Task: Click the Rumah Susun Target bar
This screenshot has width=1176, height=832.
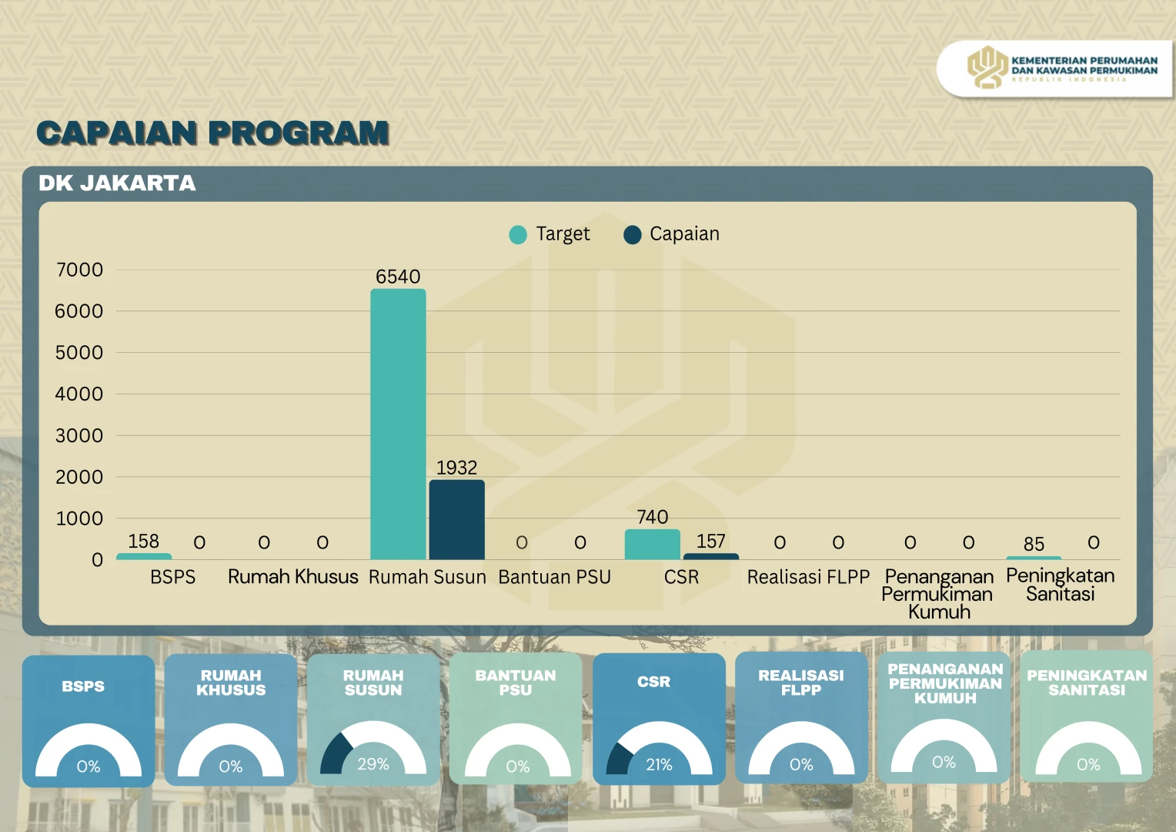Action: (398, 424)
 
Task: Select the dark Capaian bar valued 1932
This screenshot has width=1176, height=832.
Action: (456, 519)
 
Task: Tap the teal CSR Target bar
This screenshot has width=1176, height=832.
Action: (652, 545)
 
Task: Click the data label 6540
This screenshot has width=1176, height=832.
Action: (398, 277)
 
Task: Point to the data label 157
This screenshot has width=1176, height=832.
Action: (711, 542)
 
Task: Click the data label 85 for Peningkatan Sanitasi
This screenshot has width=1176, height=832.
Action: (1034, 545)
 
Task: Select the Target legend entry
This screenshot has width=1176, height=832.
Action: (550, 234)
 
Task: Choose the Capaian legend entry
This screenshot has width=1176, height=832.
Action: (672, 234)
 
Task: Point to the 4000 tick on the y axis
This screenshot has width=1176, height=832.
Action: (79, 394)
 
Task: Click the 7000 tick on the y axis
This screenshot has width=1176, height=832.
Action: (79, 270)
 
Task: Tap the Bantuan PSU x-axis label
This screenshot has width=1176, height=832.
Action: (554, 577)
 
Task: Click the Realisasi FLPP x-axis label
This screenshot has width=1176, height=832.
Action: (808, 577)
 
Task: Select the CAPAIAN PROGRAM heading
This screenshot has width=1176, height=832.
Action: (213, 133)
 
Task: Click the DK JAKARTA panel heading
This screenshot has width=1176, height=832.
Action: (118, 183)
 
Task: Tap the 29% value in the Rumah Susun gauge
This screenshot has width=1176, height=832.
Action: (373, 764)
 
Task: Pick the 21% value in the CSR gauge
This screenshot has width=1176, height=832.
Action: (659, 765)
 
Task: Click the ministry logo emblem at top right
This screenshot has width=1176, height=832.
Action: (987, 68)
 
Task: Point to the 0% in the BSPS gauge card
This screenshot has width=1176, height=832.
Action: (89, 767)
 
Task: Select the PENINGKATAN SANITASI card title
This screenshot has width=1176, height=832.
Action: (1087, 683)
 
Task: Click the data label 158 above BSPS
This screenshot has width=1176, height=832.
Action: (143, 542)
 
